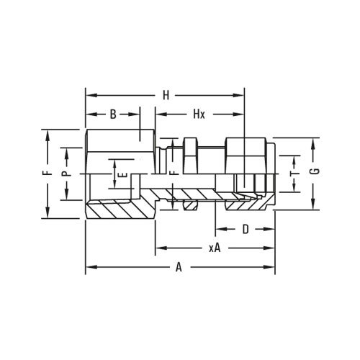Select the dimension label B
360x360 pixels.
click(112, 115)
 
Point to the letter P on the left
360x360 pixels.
click(64, 174)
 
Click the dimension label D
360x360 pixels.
click(245, 230)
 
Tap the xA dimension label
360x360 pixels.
click(214, 248)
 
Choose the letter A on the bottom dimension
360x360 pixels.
click(179, 268)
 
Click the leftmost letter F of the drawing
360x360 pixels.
click(45, 174)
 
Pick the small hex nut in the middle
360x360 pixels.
click(191, 154)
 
